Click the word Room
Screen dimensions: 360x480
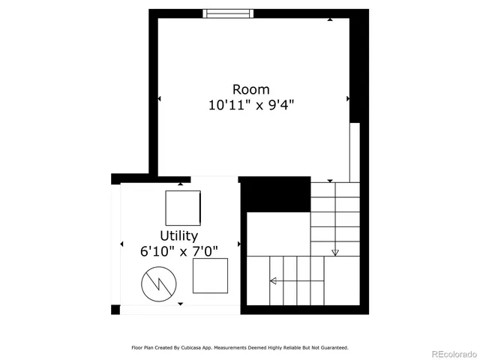[251, 90]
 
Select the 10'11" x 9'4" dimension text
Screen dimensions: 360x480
[251, 106]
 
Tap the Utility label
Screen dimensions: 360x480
[178, 236]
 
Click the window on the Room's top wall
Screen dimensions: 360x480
[229, 13]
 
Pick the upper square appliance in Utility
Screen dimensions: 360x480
[183, 208]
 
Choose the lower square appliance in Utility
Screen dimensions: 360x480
[210, 276]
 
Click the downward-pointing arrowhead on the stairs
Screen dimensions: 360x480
[335, 252]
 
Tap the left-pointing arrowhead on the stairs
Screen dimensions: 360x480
[273, 281]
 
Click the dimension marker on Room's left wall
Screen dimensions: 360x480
[159, 98]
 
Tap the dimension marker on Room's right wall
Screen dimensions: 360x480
[347, 98]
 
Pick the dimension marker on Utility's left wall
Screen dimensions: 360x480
[121, 244]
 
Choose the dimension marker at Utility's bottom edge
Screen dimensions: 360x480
[180, 304]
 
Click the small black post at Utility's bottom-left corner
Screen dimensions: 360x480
[115, 310]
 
